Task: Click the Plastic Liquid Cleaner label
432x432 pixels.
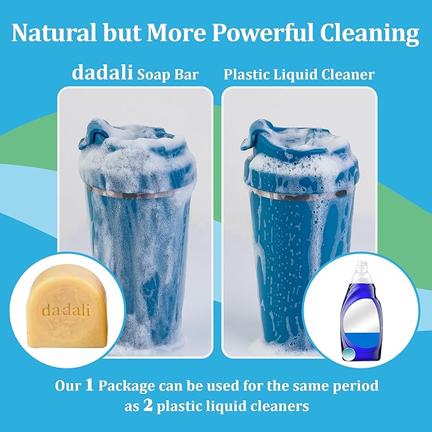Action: tap(299, 74)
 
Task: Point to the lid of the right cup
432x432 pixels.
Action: tap(299, 153)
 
